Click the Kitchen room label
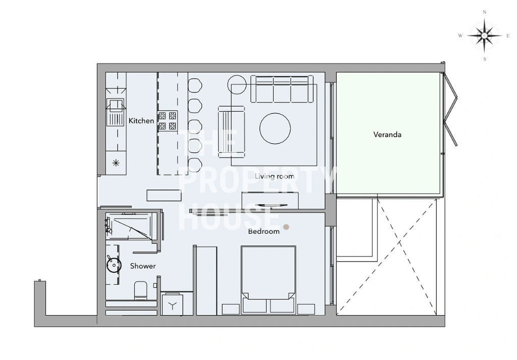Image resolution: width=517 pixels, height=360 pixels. (141, 121)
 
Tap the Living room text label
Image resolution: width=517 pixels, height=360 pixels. (274, 176)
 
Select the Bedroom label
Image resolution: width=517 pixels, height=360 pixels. (264, 231)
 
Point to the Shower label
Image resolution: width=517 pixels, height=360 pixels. (143, 266)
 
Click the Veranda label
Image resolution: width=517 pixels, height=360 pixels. (387, 134)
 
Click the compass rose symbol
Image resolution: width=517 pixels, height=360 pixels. (484, 36)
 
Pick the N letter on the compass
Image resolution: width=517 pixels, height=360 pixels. (484, 12)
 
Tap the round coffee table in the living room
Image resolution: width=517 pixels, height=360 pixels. (275, 129)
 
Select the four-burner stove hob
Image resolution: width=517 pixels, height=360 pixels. (168, 121)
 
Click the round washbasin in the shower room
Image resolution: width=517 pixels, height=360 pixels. (114, 265)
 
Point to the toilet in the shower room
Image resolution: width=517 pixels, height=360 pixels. (141, 290)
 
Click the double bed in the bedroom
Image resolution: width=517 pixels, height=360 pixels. (268, 280)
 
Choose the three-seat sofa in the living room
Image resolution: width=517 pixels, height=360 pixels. (282, 89)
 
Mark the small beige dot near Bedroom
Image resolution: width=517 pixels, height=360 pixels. (286, 227)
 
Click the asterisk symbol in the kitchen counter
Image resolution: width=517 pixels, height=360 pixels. (116, 163)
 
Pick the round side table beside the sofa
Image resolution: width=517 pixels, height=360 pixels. (237, 85)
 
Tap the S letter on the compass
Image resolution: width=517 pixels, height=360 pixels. (484, 60)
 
